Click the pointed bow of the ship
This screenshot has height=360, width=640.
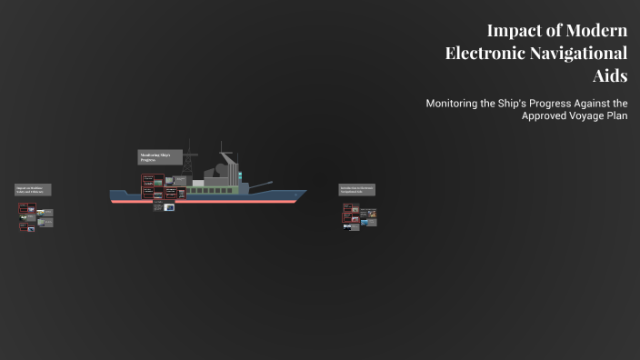(x=304, y=193)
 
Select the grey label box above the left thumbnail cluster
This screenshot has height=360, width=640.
(x=33, y=190)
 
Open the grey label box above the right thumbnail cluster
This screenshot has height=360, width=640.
(x=356, y=190)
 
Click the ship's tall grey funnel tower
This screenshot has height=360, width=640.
(x=229, y=169)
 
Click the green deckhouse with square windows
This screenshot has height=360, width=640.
(x=211, y=189)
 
